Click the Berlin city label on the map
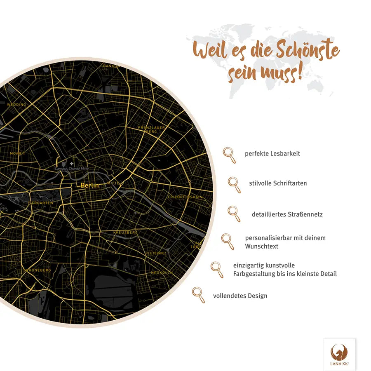click(x=89, y=185)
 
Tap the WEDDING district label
click(x=16, y=105)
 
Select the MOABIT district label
click(x=17, y=153)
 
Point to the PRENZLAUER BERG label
click(x=152, y=129)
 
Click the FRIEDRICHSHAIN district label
click(x=185, y=197)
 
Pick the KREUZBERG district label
click(x=125, y=232)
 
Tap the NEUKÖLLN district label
click(x=161, y=273)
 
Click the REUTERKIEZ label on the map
click(x=155, y=253)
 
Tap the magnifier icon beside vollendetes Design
click(x=198, y=295)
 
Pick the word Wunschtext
click(x=261, y=246)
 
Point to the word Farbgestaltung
click(x=253, y=274)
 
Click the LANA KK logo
click(x=339, y=354)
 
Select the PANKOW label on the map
click(x=111, y=66)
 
